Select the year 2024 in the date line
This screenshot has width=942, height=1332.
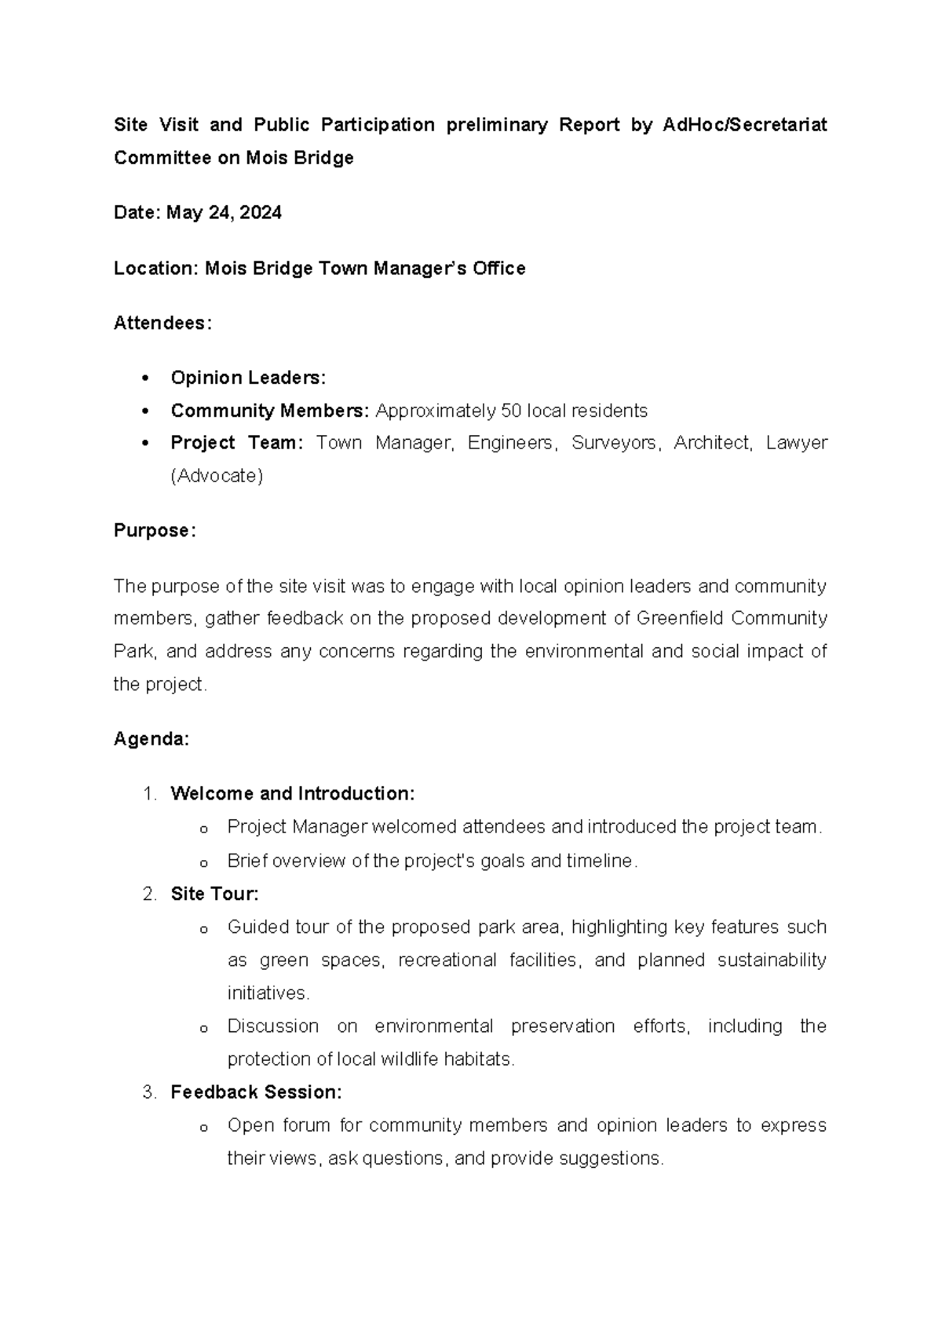(x=261, y=213)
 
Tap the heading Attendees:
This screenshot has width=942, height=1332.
(x=162, y=323)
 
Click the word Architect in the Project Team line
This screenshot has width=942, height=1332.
(x=711, y=443)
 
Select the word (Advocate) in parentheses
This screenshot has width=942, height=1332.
(x=217, y=476)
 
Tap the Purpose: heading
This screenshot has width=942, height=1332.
(x=155, y=531)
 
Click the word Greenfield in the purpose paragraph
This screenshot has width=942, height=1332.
(x=680, y=619)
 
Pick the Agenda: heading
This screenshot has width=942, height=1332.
(x=152, y=739)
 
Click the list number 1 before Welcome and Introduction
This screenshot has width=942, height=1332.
(x=148, y=794)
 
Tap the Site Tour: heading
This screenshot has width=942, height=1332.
(x=214, y=894)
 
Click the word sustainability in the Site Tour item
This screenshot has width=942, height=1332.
(x=772, y=961)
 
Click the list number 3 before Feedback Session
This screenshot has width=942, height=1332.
(x=148, y=1092)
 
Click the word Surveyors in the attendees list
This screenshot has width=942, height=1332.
(x=614, y=443)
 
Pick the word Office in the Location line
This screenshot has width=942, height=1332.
(x=498, y=269)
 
